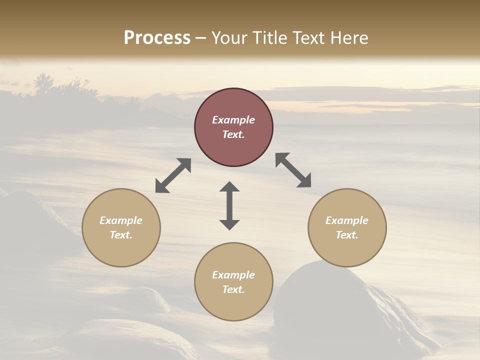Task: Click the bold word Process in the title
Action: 157,38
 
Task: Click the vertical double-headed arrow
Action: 229,205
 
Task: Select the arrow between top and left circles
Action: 173,175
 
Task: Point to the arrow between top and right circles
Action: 293,170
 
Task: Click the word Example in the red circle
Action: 233,120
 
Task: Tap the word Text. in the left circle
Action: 121,235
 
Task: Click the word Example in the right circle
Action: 347,220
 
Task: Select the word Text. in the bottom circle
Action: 233,289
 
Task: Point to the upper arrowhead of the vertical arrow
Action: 229,187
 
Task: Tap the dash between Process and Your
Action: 201,38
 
